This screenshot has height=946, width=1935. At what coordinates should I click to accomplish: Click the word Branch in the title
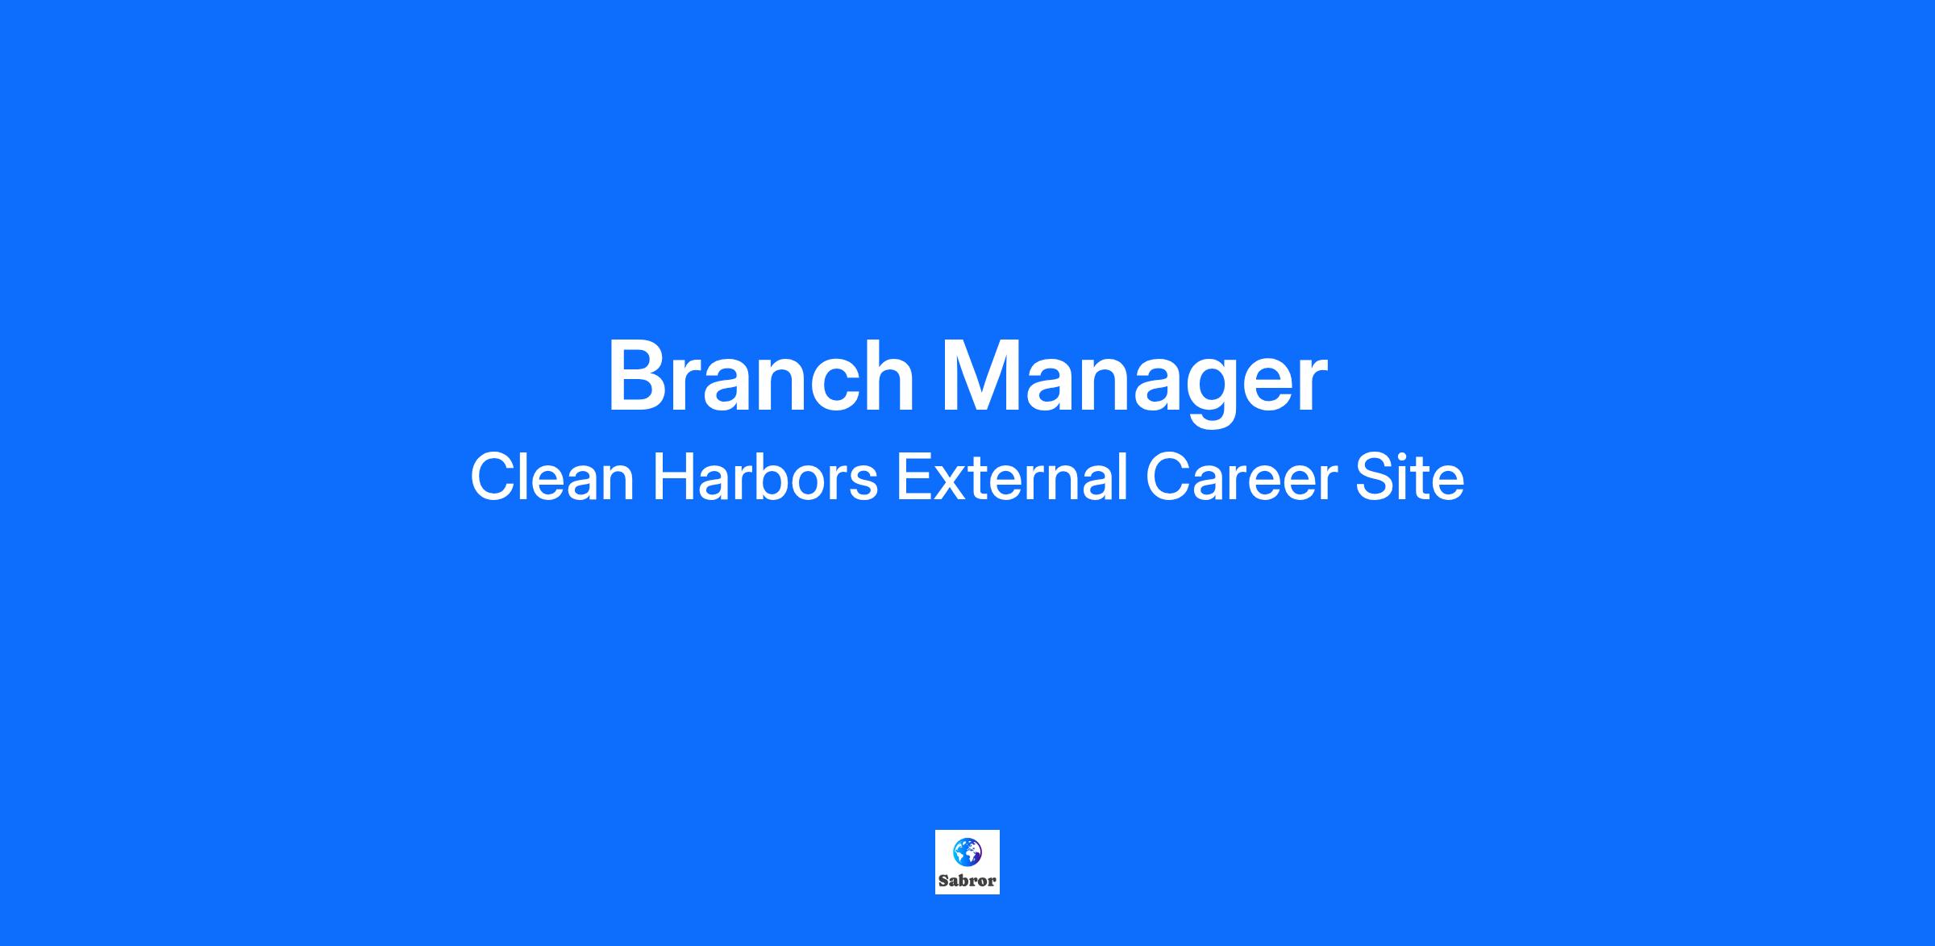pos(761,376)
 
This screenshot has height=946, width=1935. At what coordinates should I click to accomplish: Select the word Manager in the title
pos(1134,382)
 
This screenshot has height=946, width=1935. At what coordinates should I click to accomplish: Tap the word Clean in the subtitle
pos(552,477)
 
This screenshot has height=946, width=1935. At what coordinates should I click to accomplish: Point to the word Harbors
pos(765,477)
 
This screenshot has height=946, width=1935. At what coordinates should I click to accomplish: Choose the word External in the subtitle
pos(1012,477)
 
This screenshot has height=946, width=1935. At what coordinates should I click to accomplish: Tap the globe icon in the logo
pos(967,852)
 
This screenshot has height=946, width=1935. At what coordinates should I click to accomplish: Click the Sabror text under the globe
pos(967,881)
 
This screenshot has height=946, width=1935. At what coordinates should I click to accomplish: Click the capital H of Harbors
pos(674,477)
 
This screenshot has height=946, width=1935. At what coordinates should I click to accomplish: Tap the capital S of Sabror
pos(943,881)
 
